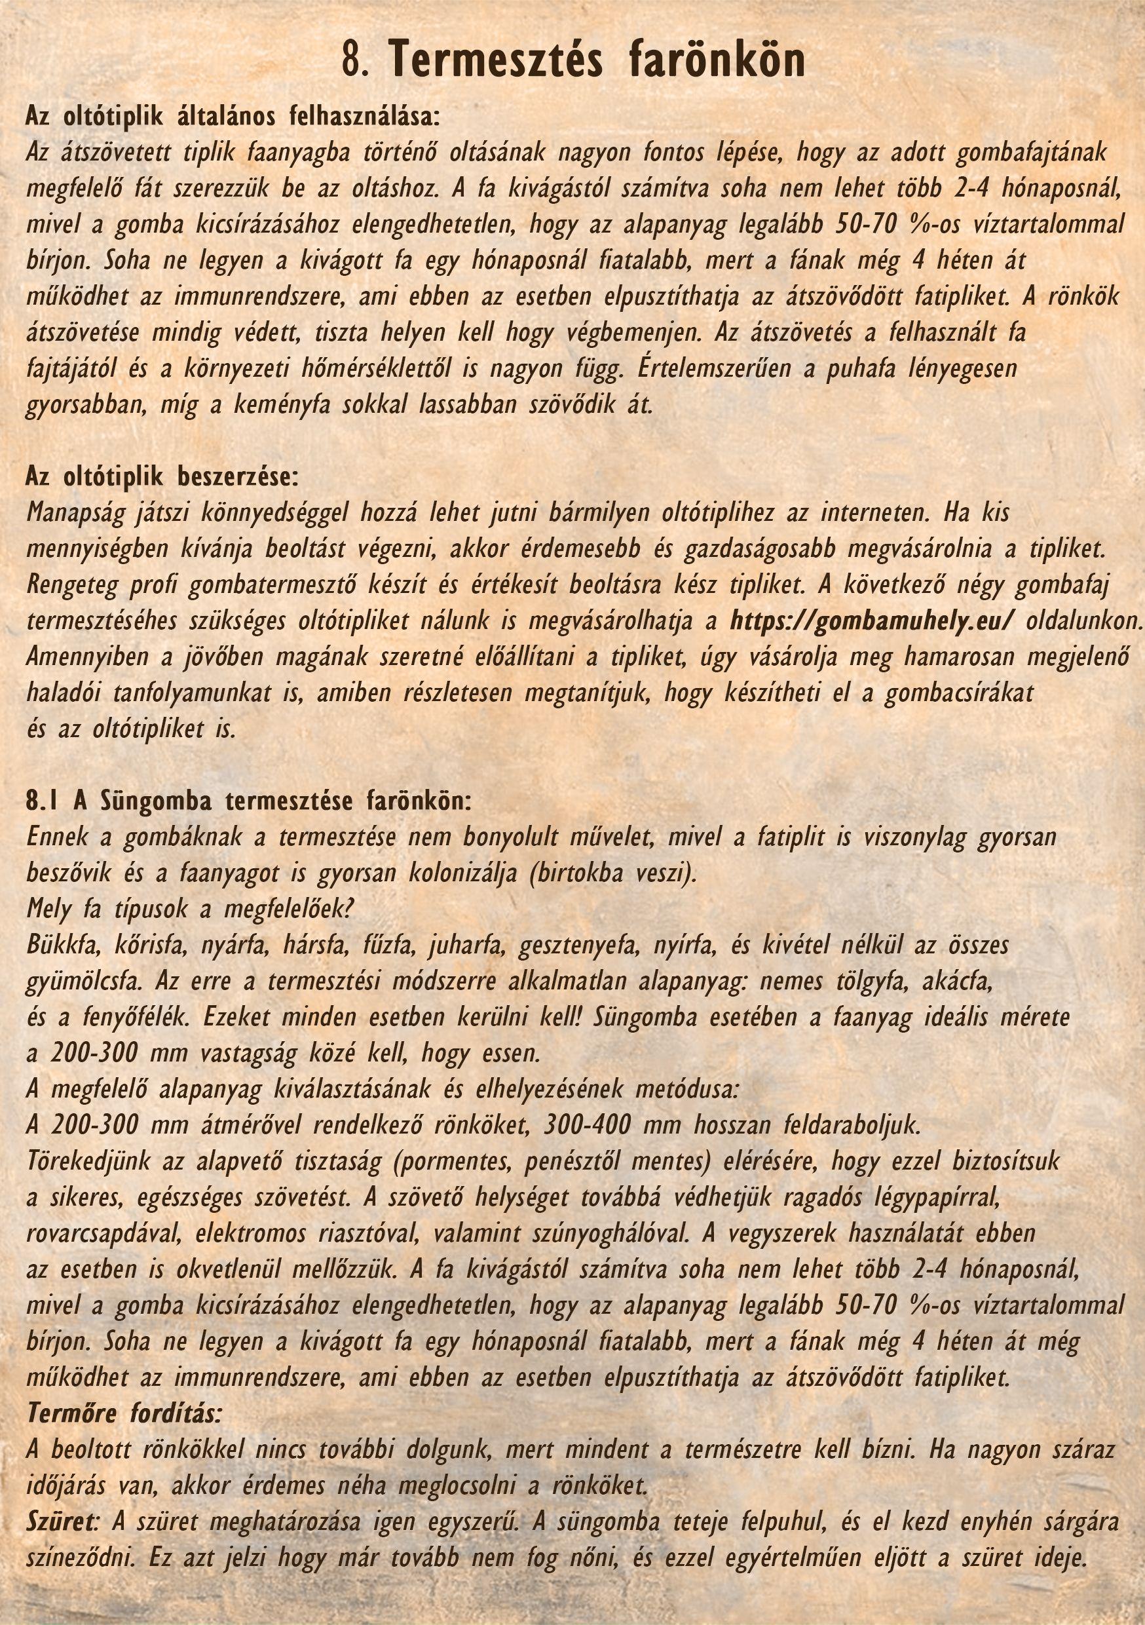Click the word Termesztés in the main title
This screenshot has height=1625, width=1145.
[495, 60]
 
